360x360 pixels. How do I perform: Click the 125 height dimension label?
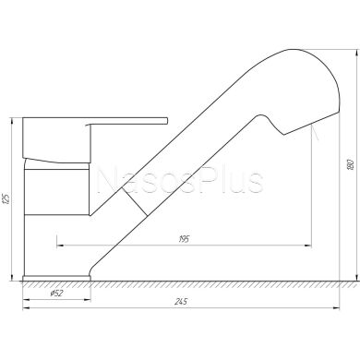point(6,198)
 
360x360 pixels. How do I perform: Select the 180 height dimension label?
point(350,165)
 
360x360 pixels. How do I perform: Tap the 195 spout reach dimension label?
point(184,239)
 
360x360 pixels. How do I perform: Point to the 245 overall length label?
point(181,302)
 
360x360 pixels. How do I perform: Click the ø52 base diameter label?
point(56,294)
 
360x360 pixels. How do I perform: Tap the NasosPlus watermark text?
point(180,181)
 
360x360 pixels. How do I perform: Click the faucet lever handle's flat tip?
point(166,120)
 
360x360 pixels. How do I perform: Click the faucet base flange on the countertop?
point(57,278)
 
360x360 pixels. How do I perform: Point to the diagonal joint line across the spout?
point(134,200)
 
